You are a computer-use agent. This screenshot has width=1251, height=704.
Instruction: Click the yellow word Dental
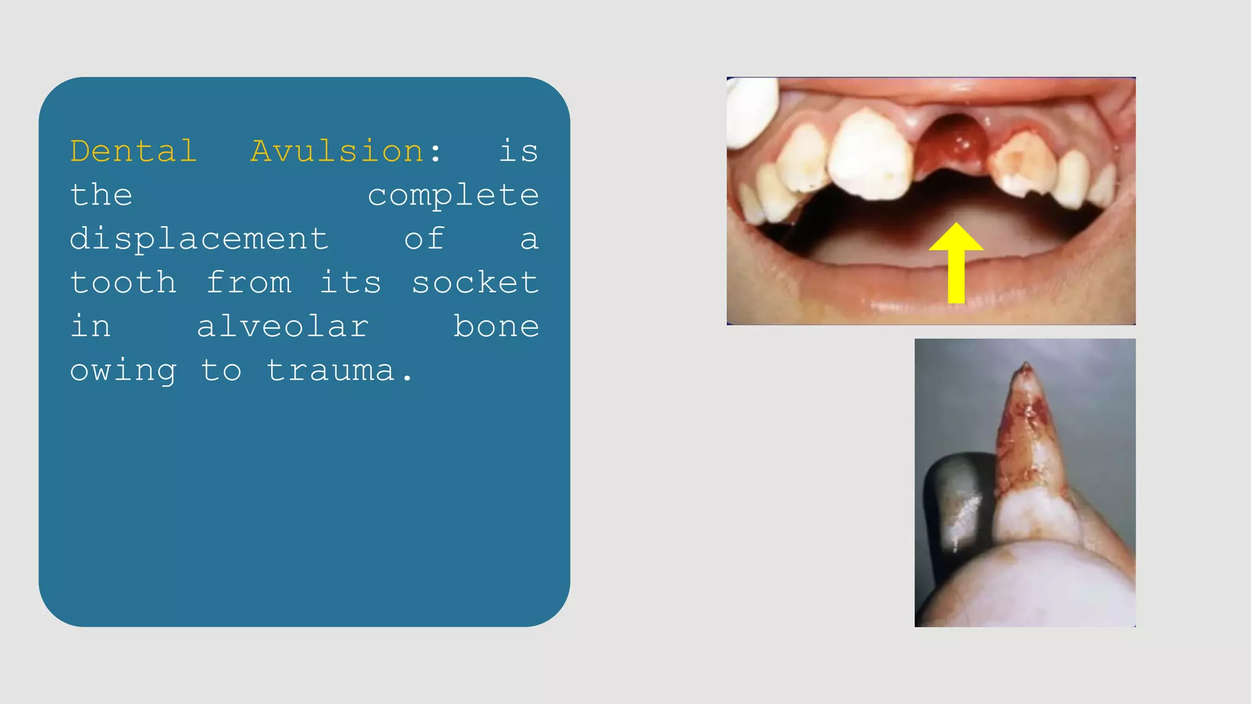(x=133, y=151)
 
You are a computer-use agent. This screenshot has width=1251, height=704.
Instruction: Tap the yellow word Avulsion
(x=337, y=151)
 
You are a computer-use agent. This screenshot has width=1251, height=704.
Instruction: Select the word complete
(x=453, y=196)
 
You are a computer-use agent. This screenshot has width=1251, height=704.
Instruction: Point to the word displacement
(x=199, y=239)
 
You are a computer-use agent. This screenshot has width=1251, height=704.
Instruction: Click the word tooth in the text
(x=123, y=283)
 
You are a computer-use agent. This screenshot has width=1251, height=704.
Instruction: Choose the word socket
(x=475, y=283)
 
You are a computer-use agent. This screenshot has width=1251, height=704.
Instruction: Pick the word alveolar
(x=282, y=327)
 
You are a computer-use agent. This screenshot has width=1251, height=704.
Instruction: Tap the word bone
(x=496, y=327)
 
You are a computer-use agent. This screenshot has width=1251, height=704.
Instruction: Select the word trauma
(x=331, y=371)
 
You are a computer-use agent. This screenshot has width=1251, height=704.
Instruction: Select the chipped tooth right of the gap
(x=1023, y=164)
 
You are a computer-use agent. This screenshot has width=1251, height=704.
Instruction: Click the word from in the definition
(x=249, y=283)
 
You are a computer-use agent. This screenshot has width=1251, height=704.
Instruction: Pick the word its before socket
(x=351, y=283)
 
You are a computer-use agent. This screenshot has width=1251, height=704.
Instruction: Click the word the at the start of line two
(x=101, y=196)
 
